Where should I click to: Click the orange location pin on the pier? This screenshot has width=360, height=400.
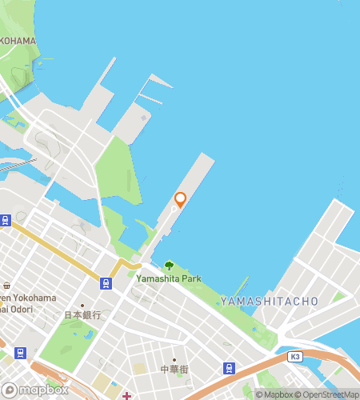point(180,199)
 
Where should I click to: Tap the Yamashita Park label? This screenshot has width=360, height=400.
point(168,278)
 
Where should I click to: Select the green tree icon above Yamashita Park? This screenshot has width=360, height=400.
point(168,266)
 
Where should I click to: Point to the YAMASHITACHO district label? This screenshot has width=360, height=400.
point(269,301)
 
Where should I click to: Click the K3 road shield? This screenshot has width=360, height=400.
point(296,356)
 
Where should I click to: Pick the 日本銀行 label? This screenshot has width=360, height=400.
point(83,315)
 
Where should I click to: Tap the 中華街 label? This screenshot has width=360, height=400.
point(174,370)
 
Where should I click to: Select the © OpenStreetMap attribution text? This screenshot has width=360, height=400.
point(328,394)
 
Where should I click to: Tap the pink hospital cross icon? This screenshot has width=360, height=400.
point(126,394)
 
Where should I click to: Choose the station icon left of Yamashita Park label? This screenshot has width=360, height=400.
point(106,282)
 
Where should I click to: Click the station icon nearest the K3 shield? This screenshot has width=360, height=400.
point(230,368)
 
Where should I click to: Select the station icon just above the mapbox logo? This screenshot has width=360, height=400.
point(20,353)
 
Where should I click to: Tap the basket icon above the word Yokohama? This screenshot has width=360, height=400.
point(6,286)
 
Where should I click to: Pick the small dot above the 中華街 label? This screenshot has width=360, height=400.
point(174,359)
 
